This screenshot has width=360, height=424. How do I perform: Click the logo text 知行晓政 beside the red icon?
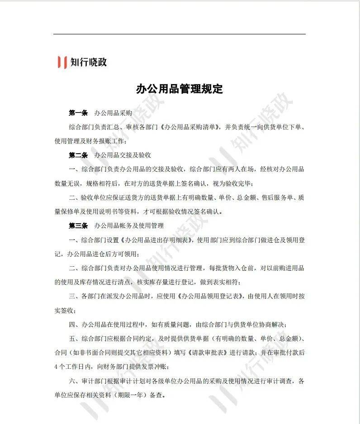coord(89,62)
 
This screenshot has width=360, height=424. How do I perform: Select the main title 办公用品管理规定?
coord(180,89)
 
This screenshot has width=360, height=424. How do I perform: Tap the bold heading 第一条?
coord(78,113)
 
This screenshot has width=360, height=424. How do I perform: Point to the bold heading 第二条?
coord(78,155)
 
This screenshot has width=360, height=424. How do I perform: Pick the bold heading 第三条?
coord(78,225)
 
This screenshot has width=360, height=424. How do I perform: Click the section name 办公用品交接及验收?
coord(122,155)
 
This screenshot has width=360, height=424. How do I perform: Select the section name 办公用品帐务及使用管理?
coord(128,225)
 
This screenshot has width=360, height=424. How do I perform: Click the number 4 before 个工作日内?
coord(56,367)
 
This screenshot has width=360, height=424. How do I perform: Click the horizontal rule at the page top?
coord(180,34)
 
